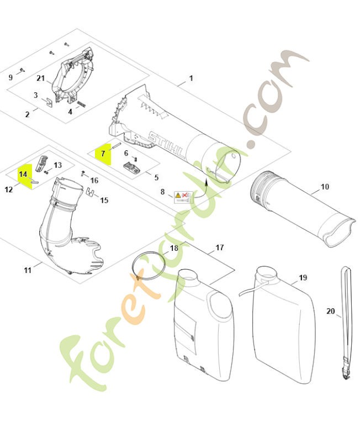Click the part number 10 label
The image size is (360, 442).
coord(325,187)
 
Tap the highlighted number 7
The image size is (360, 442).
coord(102,153)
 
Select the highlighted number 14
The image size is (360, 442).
coord(23,174)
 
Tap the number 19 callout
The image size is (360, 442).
coord(303,277)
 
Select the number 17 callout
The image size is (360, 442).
coord(219,248)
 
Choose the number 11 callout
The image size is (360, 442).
coord(28,270)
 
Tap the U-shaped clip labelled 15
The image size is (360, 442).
coord(89,192)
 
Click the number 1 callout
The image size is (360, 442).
coord(191,78)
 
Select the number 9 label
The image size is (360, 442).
coord(10,77)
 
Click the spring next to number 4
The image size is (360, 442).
coord(81,103)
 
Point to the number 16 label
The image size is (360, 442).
coord(94,180)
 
